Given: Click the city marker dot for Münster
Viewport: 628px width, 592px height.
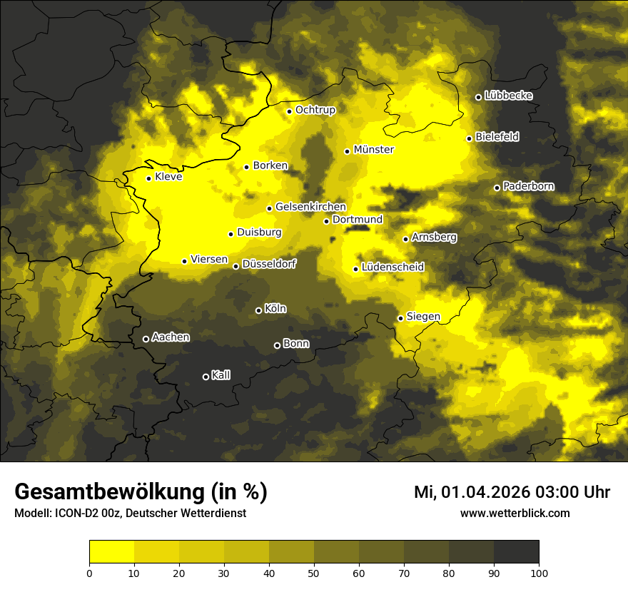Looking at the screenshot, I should click(x=348, y=151).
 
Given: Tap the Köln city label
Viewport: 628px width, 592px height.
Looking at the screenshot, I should click(x=275, y=309).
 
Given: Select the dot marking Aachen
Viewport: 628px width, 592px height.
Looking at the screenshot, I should click(x=146, y=339).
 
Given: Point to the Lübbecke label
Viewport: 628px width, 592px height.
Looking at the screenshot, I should click(x=508, y=96).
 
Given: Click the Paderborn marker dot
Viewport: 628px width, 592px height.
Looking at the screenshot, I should click(x=497, y=188).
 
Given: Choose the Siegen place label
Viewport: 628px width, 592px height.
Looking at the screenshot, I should click(x=423, y=317).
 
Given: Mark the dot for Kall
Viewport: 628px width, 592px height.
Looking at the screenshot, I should click(x=206, y=377).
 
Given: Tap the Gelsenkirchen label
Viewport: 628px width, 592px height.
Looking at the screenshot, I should click(x=310, y=207).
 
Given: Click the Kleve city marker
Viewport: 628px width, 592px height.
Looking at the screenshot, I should click(x=149, y=178).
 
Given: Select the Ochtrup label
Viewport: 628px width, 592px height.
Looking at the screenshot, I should click(x=315, y=110).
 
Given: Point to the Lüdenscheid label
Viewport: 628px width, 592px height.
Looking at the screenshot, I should click(x=392, y=267).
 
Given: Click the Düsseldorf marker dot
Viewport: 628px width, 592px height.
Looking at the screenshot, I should click(x=236, y=266).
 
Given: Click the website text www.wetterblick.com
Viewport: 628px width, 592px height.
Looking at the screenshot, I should click(x=515, y=513).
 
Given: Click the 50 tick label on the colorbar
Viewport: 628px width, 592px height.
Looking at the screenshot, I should click(x=314, y=572).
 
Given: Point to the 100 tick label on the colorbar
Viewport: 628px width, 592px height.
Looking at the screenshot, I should click(x=539, y=572).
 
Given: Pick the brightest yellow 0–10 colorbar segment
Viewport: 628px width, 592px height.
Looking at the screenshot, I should click(x=112, y=552).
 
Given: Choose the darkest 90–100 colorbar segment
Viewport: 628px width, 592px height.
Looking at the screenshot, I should click(x=516, y=552).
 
